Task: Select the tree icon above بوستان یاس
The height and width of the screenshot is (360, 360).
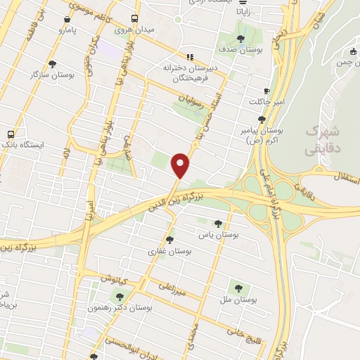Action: click(217, 223)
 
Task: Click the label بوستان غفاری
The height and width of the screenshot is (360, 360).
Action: click(170, 251)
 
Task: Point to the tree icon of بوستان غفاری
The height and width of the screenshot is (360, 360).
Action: click(170, 240)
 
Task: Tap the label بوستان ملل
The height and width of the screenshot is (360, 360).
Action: click(238, 300)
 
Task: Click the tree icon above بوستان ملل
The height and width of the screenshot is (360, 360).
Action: click(238, 288)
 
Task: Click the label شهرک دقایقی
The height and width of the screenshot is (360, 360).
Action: click(323, 141)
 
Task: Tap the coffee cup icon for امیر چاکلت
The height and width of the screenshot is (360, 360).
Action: click(266, 91)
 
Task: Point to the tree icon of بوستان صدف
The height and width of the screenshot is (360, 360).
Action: click(241, 39)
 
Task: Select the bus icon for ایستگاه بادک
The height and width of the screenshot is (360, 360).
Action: click(11, 134)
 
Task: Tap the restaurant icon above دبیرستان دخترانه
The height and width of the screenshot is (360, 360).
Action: click(189, 57)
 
